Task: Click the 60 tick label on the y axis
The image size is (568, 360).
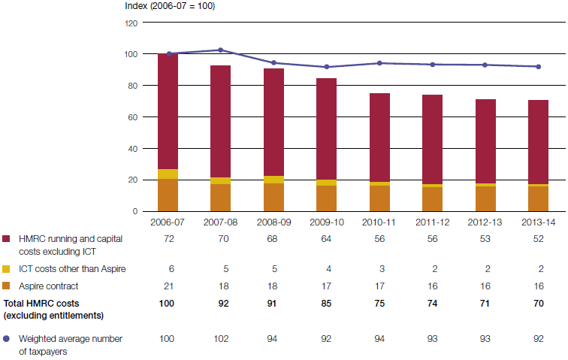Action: [x=133, y=117]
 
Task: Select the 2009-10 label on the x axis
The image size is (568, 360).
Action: [x=326, y=223]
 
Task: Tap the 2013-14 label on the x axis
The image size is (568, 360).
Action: [x=537, y=223]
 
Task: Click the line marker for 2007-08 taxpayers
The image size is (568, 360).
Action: [x=220, y=50]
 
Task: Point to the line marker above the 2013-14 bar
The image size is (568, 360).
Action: [x=537, y=67]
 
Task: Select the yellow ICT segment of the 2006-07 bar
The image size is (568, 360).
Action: [x=168, y=174]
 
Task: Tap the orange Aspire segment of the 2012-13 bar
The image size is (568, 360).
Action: [x=485, y=198]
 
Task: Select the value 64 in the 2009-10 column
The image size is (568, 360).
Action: [x=326, y=238]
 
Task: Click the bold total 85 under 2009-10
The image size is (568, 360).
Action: [x=326, y=304]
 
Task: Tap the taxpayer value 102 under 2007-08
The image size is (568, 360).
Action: [x=220, y=339]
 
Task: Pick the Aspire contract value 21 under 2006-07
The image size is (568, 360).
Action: [x=168, y=286]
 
